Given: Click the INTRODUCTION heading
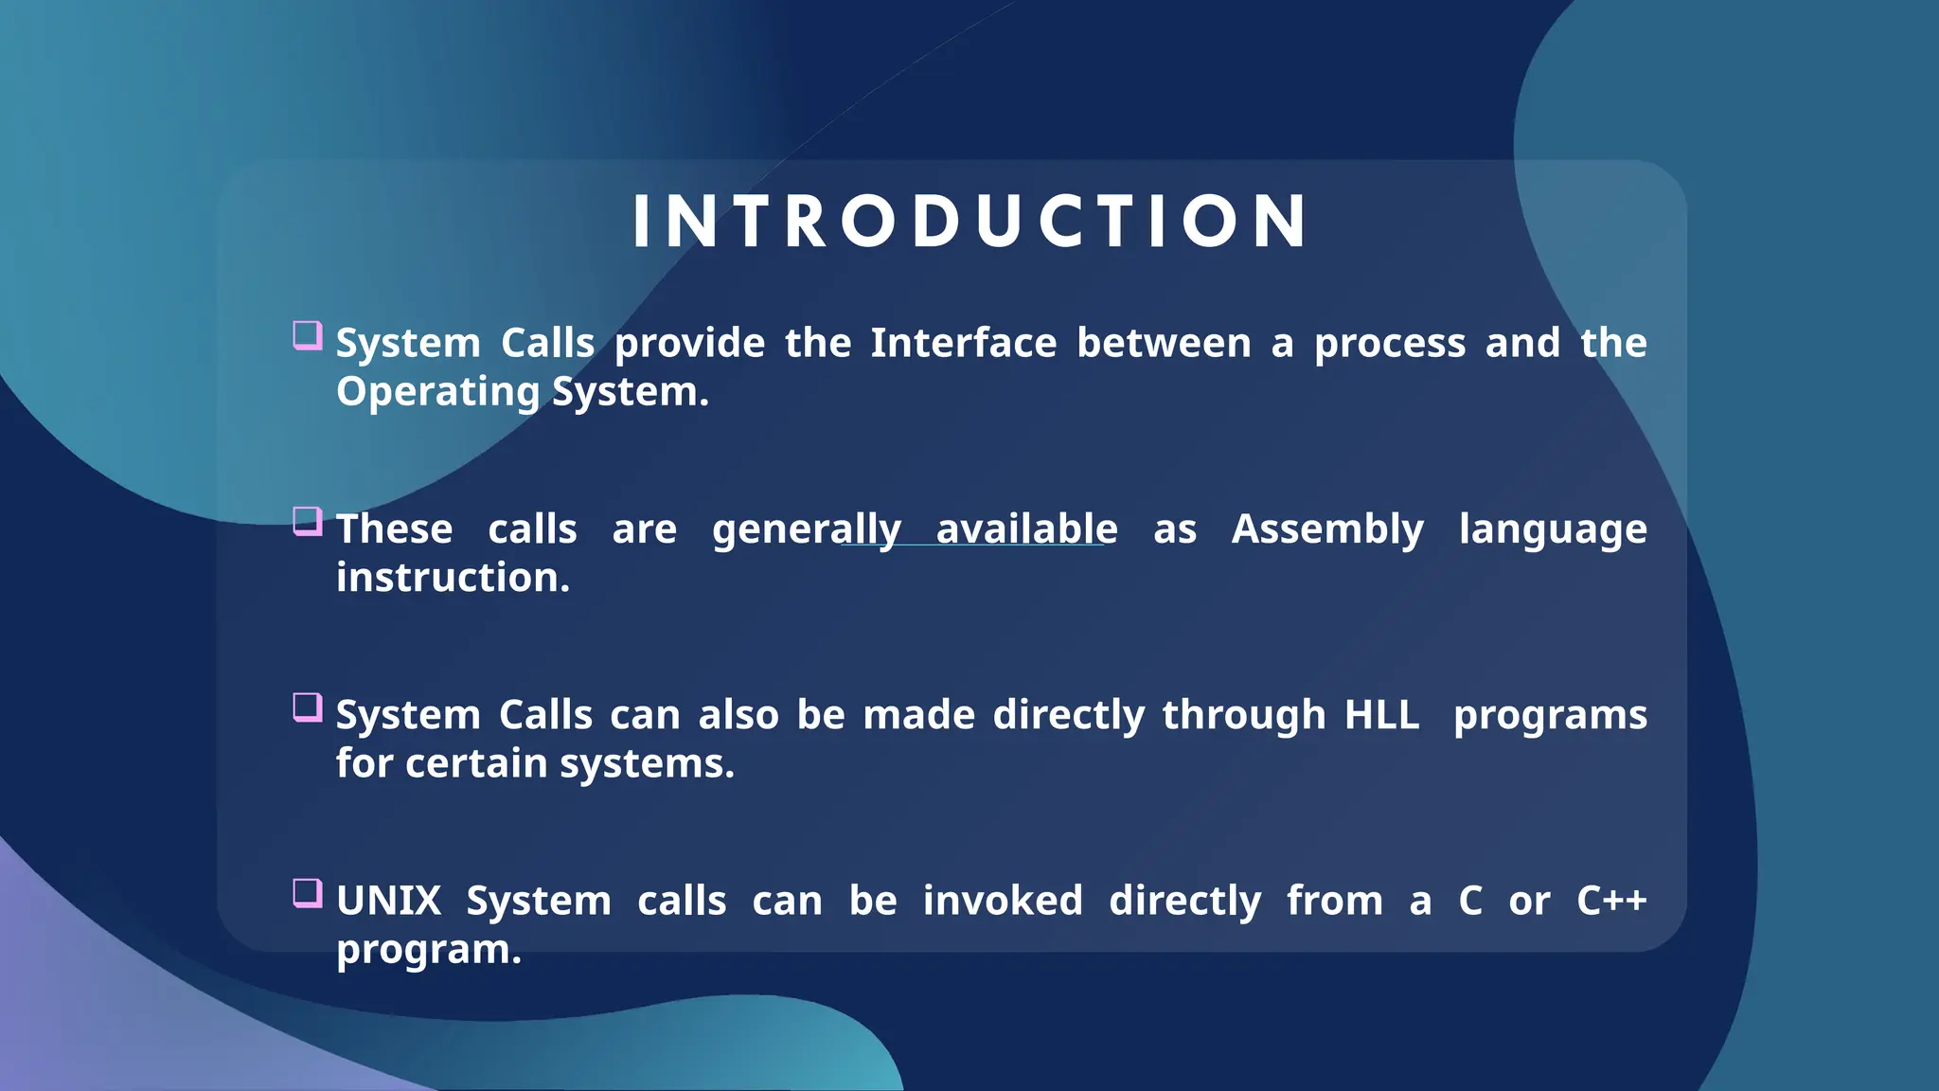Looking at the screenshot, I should click(969, 222).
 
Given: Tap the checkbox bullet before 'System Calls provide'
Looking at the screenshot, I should click(307, 335).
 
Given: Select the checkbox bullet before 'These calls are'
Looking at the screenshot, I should click(307, 521).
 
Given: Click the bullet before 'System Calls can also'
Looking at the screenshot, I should click(307, 707).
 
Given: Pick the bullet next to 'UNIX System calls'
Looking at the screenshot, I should click(307, 893).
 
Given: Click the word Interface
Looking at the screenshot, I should click(963, 343).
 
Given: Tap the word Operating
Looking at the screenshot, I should click(437, 392).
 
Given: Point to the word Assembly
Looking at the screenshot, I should click(1327, 529).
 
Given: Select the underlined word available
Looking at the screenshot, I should click(1026, 529).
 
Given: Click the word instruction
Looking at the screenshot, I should click(453, 578).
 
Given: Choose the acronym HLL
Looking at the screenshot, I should click(1381, 715).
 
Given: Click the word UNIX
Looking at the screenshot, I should click(389, 901).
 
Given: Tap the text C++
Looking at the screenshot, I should click(1611, 901).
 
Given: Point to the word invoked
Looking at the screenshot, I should click(1003, 901).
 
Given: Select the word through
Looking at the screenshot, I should click(1243, 715).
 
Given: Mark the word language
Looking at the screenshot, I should click(1553, 529).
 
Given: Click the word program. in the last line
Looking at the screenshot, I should click(428, 950).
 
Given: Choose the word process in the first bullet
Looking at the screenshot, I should click(1389, 343).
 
